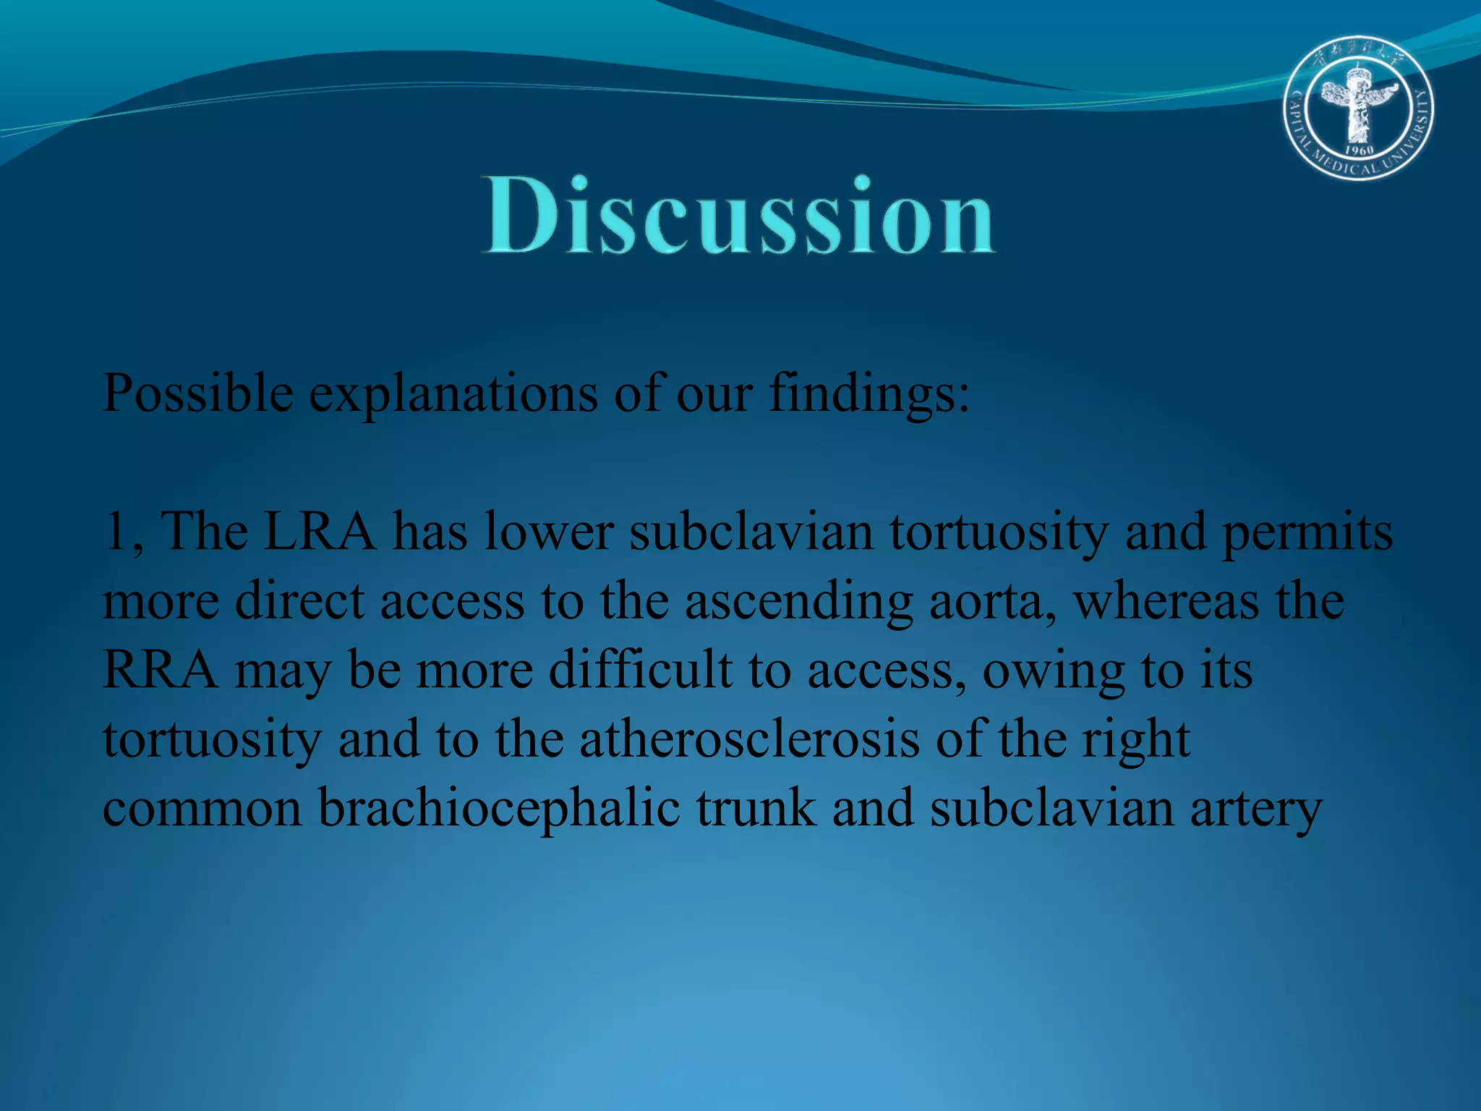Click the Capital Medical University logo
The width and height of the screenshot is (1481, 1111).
[x=1359, y=108]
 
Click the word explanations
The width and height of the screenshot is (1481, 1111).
[x=453, y=394]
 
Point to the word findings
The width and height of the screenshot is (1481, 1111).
[x=868, y=394]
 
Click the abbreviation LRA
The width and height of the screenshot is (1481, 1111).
[x=319, y=532]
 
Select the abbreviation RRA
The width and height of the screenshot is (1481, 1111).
[x=160, y=671]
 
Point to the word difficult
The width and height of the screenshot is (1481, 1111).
[x=640, y=671]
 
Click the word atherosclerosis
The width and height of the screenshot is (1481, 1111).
[x=749, y=740]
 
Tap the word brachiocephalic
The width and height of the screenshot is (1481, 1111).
[x=499, y=809]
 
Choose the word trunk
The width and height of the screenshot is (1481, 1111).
[x=756, y=809]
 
